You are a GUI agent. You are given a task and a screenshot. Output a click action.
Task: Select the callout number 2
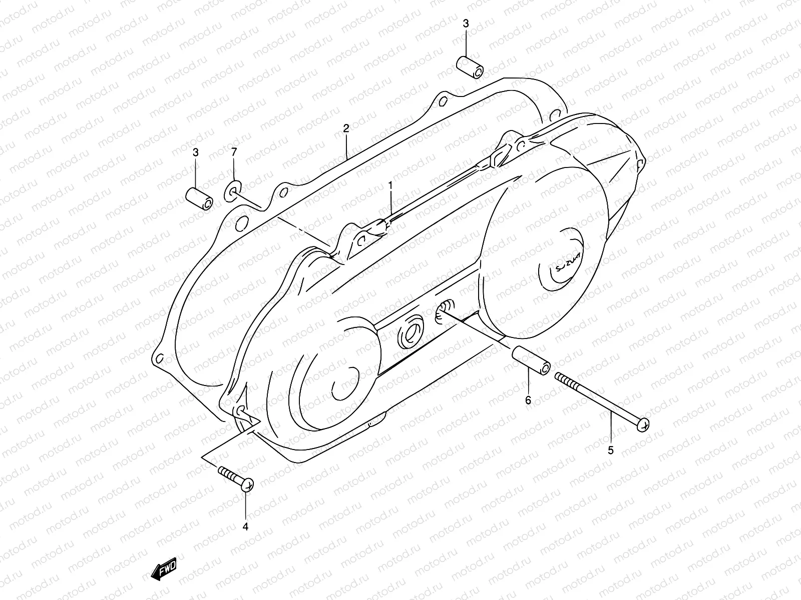(x=346, y=128)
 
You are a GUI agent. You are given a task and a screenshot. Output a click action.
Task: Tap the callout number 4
(x=245, y=526)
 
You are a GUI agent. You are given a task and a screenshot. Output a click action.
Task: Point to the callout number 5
(x=610, y=450)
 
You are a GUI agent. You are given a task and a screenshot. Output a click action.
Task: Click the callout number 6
(x=528, y=400)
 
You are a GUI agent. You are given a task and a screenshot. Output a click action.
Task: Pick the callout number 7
(x=234, y=152)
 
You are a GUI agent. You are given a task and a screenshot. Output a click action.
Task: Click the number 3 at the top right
(x=466, y=23)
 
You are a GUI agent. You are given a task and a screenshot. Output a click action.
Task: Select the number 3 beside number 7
(x=196, y=152)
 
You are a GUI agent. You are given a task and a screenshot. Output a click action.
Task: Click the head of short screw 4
(x=248, y=483)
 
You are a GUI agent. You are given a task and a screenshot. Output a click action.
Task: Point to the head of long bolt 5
(x=644, y=424)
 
